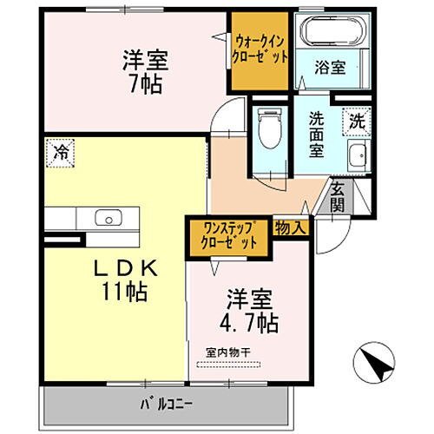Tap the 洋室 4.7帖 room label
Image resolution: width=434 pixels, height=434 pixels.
[249, 311]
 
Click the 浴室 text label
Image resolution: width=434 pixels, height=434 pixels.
[331, 67]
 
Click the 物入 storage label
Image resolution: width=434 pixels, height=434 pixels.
[291, 228]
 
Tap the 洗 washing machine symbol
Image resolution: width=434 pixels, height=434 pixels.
[357, 122]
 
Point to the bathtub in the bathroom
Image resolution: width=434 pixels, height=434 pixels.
[330, 34]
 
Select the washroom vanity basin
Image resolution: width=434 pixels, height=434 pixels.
[357, 157]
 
